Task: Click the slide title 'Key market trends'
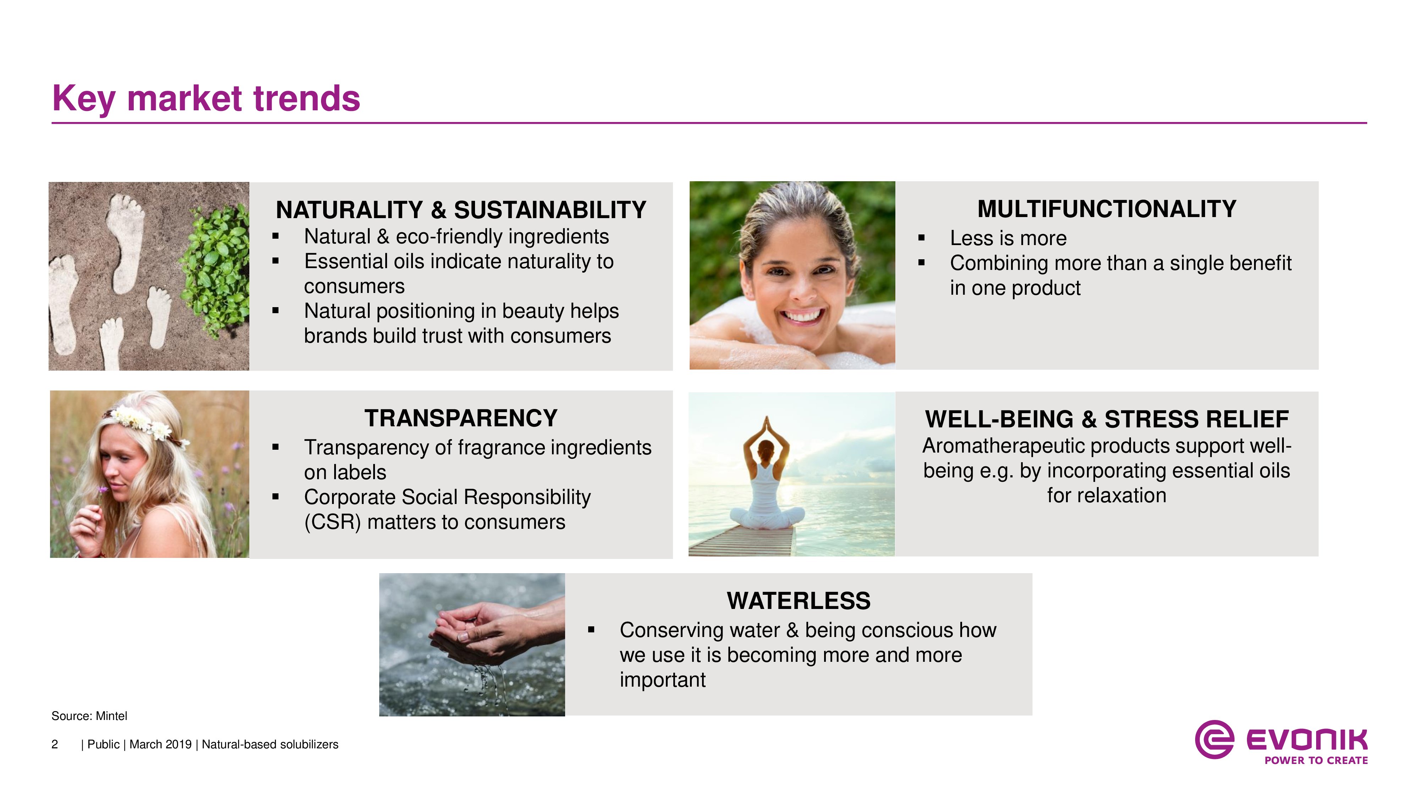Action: [206, 99]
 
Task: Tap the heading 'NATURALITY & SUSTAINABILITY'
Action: [461, 210]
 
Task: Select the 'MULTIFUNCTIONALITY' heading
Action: [1107, 209]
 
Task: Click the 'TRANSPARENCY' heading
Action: [461, 418]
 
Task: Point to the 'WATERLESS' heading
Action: [799, 600]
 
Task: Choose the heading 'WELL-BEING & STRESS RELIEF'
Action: [1107, 419]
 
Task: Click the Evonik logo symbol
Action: [1214, 739]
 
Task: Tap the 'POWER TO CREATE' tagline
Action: [1316, 760]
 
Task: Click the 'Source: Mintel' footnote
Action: [89, 716]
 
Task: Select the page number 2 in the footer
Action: [55, 744]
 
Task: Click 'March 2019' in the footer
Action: [160, 744]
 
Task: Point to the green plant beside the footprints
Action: [215, 270]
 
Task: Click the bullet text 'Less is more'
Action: [1008, 238]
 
